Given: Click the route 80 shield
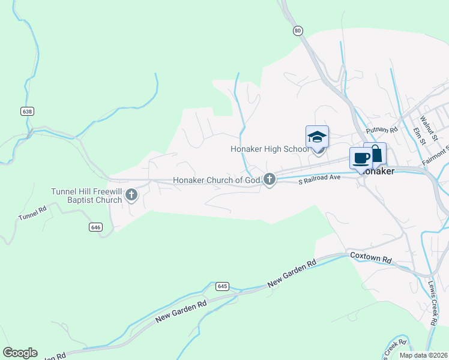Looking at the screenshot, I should (298, 30).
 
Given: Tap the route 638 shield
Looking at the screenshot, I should (26, 112).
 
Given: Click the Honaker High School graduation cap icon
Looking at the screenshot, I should (317, 137).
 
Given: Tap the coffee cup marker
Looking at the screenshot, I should (361, 158).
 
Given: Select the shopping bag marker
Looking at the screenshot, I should (376, 154).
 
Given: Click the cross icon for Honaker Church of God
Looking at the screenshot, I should (270, 178).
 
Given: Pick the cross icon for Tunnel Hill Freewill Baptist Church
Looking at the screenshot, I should (131, 194).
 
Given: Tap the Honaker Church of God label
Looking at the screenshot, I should (217, 180).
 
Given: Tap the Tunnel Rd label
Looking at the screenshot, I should (32, 214).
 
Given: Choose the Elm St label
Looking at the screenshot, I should (419, 136).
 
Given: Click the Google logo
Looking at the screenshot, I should (20, 353).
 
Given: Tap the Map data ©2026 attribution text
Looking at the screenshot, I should (423, 355).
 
